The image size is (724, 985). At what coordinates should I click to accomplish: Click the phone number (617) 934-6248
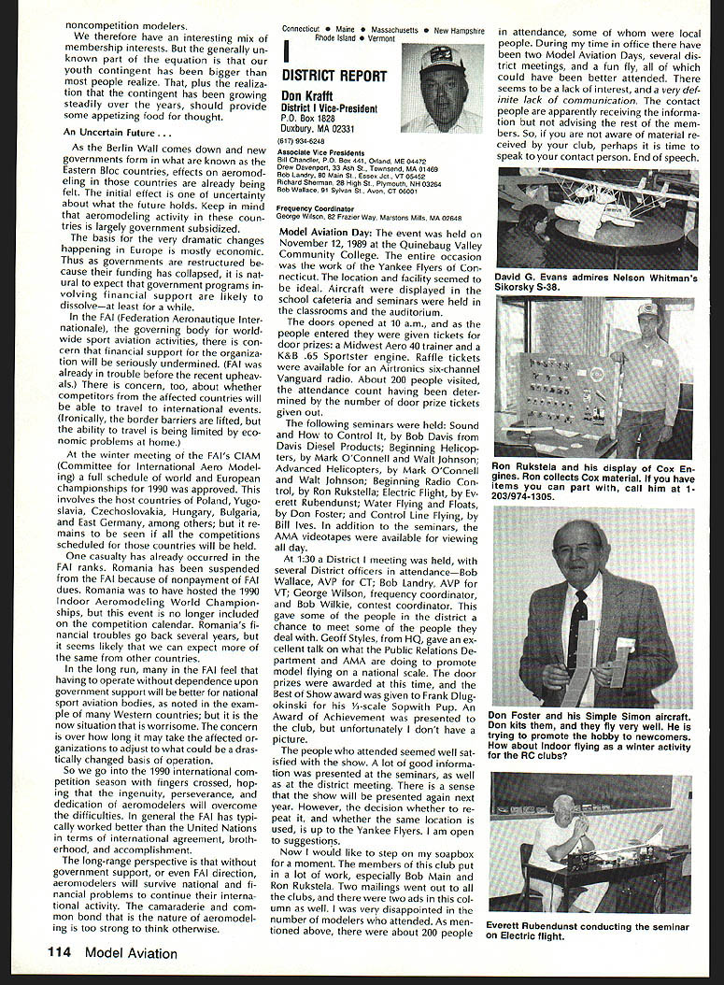click(305, 144)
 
